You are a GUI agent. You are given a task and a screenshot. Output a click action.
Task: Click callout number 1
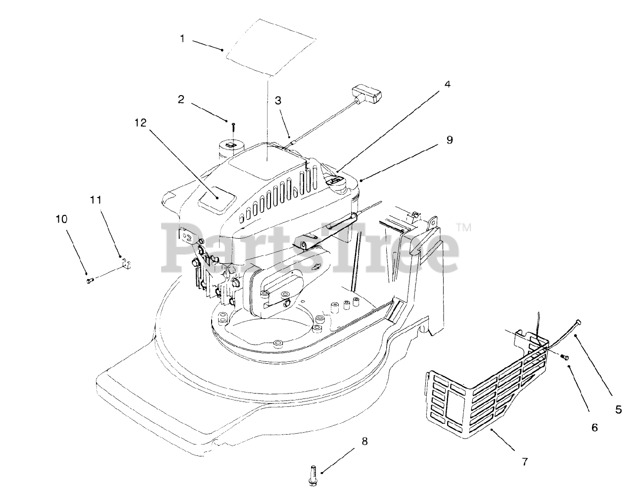pyautogui.click(x=182, y=39)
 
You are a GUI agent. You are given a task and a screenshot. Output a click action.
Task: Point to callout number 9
pyautogui.click(x=449, y=140)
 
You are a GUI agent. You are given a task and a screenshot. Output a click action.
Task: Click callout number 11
pyautogui.click(x=95, y=200)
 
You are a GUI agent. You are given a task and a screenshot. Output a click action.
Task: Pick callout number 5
pyautogui.click(x=619, y=410)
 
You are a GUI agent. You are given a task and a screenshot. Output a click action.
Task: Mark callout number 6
pyautogui.click(x=594, y=427)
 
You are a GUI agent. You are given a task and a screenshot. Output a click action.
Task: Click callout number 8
pyautogui.click(x=365, y=441)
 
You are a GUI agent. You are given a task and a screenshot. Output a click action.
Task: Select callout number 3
pyautogui.click(x=278, y=100)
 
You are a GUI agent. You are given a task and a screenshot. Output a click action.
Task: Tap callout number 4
pyautogui.click(x=447, y=84)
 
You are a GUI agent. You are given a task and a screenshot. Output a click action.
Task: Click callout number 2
pyautogui.click(x=181, y=99)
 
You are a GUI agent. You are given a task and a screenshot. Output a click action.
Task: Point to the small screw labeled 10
pyautogui.click(x=90, y=281)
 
